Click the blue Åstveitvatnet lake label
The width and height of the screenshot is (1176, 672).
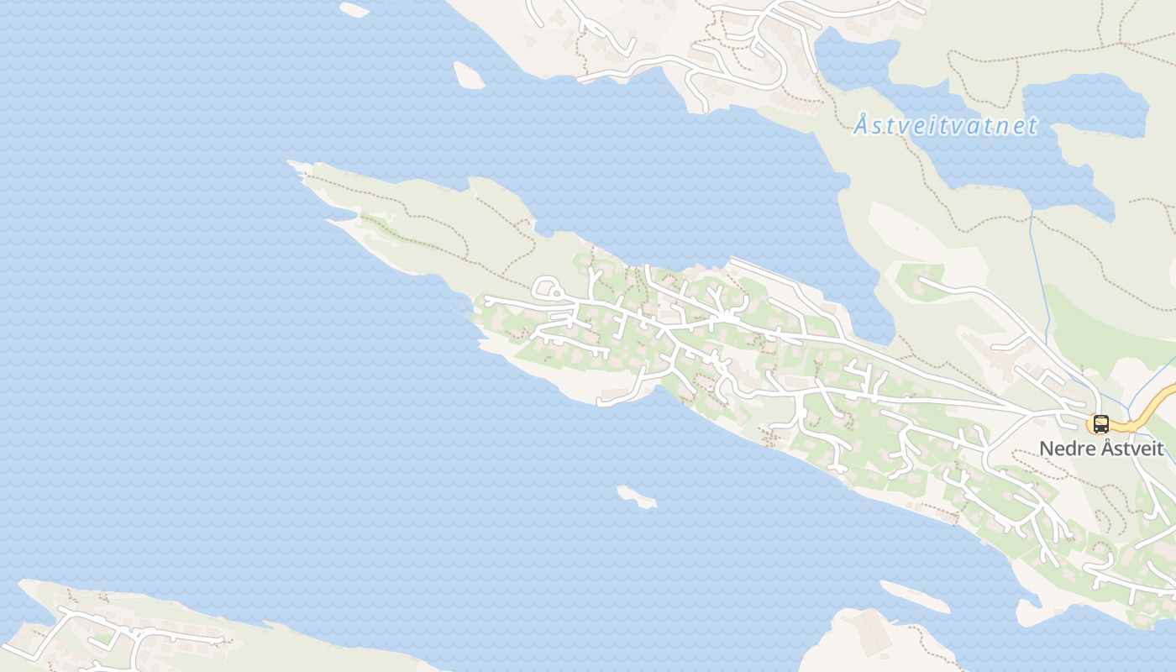click(946, 127)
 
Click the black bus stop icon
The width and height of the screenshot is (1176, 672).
click(1100, 424)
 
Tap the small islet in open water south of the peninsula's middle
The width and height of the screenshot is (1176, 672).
click(636, 497)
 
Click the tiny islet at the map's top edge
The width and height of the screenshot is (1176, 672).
click(354, 9)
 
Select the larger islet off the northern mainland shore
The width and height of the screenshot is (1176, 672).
click(469, 76)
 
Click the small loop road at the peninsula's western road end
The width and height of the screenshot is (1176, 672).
click(546, 287)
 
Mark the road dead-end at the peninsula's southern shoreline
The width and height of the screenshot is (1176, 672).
click(601, 402)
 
